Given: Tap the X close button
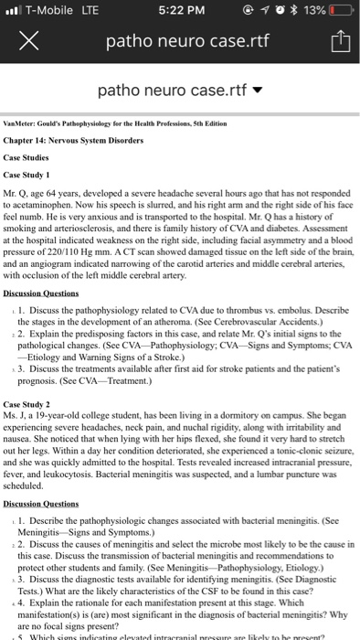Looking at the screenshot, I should [27, 41].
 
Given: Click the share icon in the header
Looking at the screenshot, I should [333, 41].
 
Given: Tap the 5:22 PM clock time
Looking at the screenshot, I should [179, 12].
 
